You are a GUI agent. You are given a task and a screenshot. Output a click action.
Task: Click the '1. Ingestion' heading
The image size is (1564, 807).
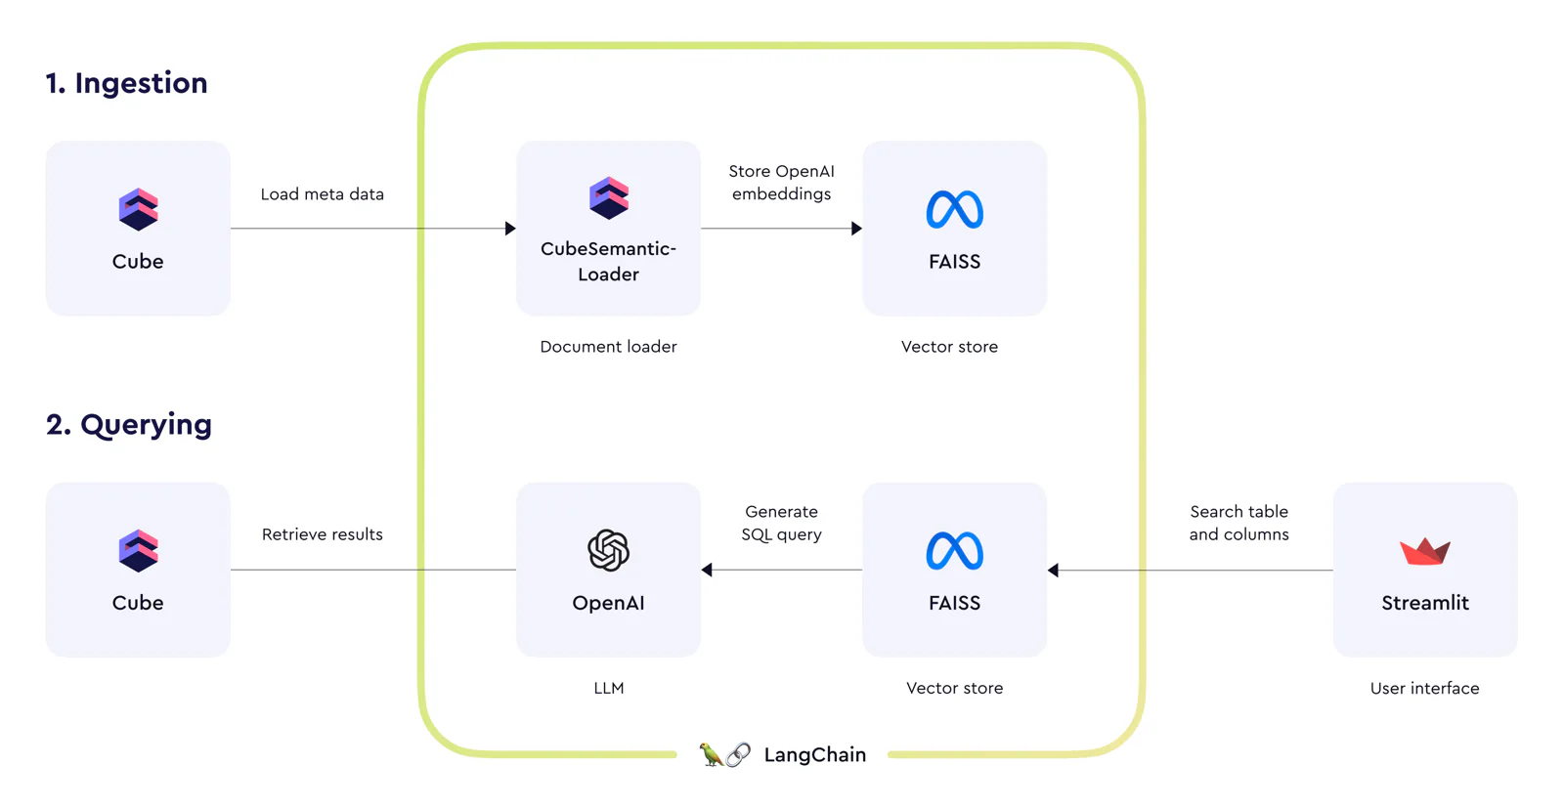126,83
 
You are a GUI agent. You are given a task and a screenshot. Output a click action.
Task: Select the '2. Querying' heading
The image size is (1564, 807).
128,424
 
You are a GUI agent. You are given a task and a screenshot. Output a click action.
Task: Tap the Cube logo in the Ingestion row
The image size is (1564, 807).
138,209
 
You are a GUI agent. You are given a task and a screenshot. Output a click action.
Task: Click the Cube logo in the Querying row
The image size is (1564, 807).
138,550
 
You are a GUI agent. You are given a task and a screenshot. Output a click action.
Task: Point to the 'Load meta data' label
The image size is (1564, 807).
322,194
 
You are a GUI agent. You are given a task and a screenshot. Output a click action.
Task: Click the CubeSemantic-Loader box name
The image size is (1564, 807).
608,261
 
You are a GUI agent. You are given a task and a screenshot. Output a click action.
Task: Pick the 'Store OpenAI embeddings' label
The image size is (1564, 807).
781,182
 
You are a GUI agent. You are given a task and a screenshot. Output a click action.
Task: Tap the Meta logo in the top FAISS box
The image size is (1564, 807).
954,209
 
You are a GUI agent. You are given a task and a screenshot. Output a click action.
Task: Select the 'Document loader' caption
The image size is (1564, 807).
608,346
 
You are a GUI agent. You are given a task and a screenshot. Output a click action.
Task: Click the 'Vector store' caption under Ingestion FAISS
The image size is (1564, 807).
949,346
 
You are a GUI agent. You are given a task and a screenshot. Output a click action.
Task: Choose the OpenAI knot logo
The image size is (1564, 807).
608,550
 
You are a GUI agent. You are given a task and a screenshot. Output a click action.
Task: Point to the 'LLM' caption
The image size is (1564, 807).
609,689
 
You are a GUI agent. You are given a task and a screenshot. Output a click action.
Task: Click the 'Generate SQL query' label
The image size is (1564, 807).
781,523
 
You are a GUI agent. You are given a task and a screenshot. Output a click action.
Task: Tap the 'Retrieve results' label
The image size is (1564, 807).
322,534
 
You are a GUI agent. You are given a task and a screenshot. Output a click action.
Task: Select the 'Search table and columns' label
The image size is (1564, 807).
1239,523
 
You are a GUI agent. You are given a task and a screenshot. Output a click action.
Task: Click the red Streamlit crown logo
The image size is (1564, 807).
1425,551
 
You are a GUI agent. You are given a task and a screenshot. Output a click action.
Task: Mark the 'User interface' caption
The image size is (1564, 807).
1424,689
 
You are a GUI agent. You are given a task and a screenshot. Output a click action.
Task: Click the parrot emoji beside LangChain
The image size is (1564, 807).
711,754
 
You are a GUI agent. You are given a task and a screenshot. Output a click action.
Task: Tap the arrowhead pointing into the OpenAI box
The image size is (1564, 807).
707,570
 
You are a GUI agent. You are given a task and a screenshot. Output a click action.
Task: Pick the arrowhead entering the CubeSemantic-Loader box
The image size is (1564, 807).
510,229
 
